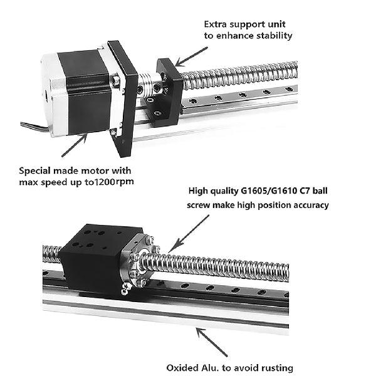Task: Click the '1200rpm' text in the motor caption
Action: click(x=113, y=182)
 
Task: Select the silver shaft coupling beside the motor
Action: click(x=146, y=94)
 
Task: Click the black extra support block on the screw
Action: click(x=169, y=88)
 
